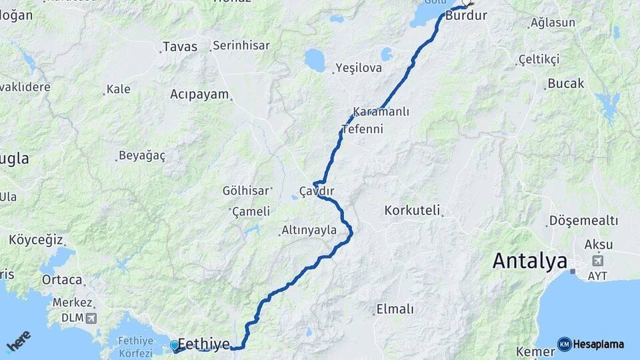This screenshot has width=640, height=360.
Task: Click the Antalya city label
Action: coord(529,261)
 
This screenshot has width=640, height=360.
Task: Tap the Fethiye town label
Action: coord(203,345)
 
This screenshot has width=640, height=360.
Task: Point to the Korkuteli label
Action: coord(413,211)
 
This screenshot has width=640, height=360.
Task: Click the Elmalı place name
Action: coord(395,309)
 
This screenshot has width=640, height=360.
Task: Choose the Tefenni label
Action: coord(362,129)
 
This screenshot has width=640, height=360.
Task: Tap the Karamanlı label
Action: coord(381,111)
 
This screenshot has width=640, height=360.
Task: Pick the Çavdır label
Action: coord(316,191)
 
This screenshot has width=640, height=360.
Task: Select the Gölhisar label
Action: coord(245,191)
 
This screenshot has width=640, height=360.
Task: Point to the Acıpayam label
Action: coord(199,94)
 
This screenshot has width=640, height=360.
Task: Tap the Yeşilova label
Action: coord(359,68)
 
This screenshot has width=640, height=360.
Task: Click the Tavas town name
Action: coord(180,47)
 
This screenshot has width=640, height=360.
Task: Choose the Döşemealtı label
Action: coord(583,221)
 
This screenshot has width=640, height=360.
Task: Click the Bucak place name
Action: coord(565,84)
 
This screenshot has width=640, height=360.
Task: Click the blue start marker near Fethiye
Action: coord(175,345)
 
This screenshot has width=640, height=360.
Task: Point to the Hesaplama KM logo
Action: coord(591,344)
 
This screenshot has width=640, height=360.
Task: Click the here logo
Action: coord(18,342)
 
